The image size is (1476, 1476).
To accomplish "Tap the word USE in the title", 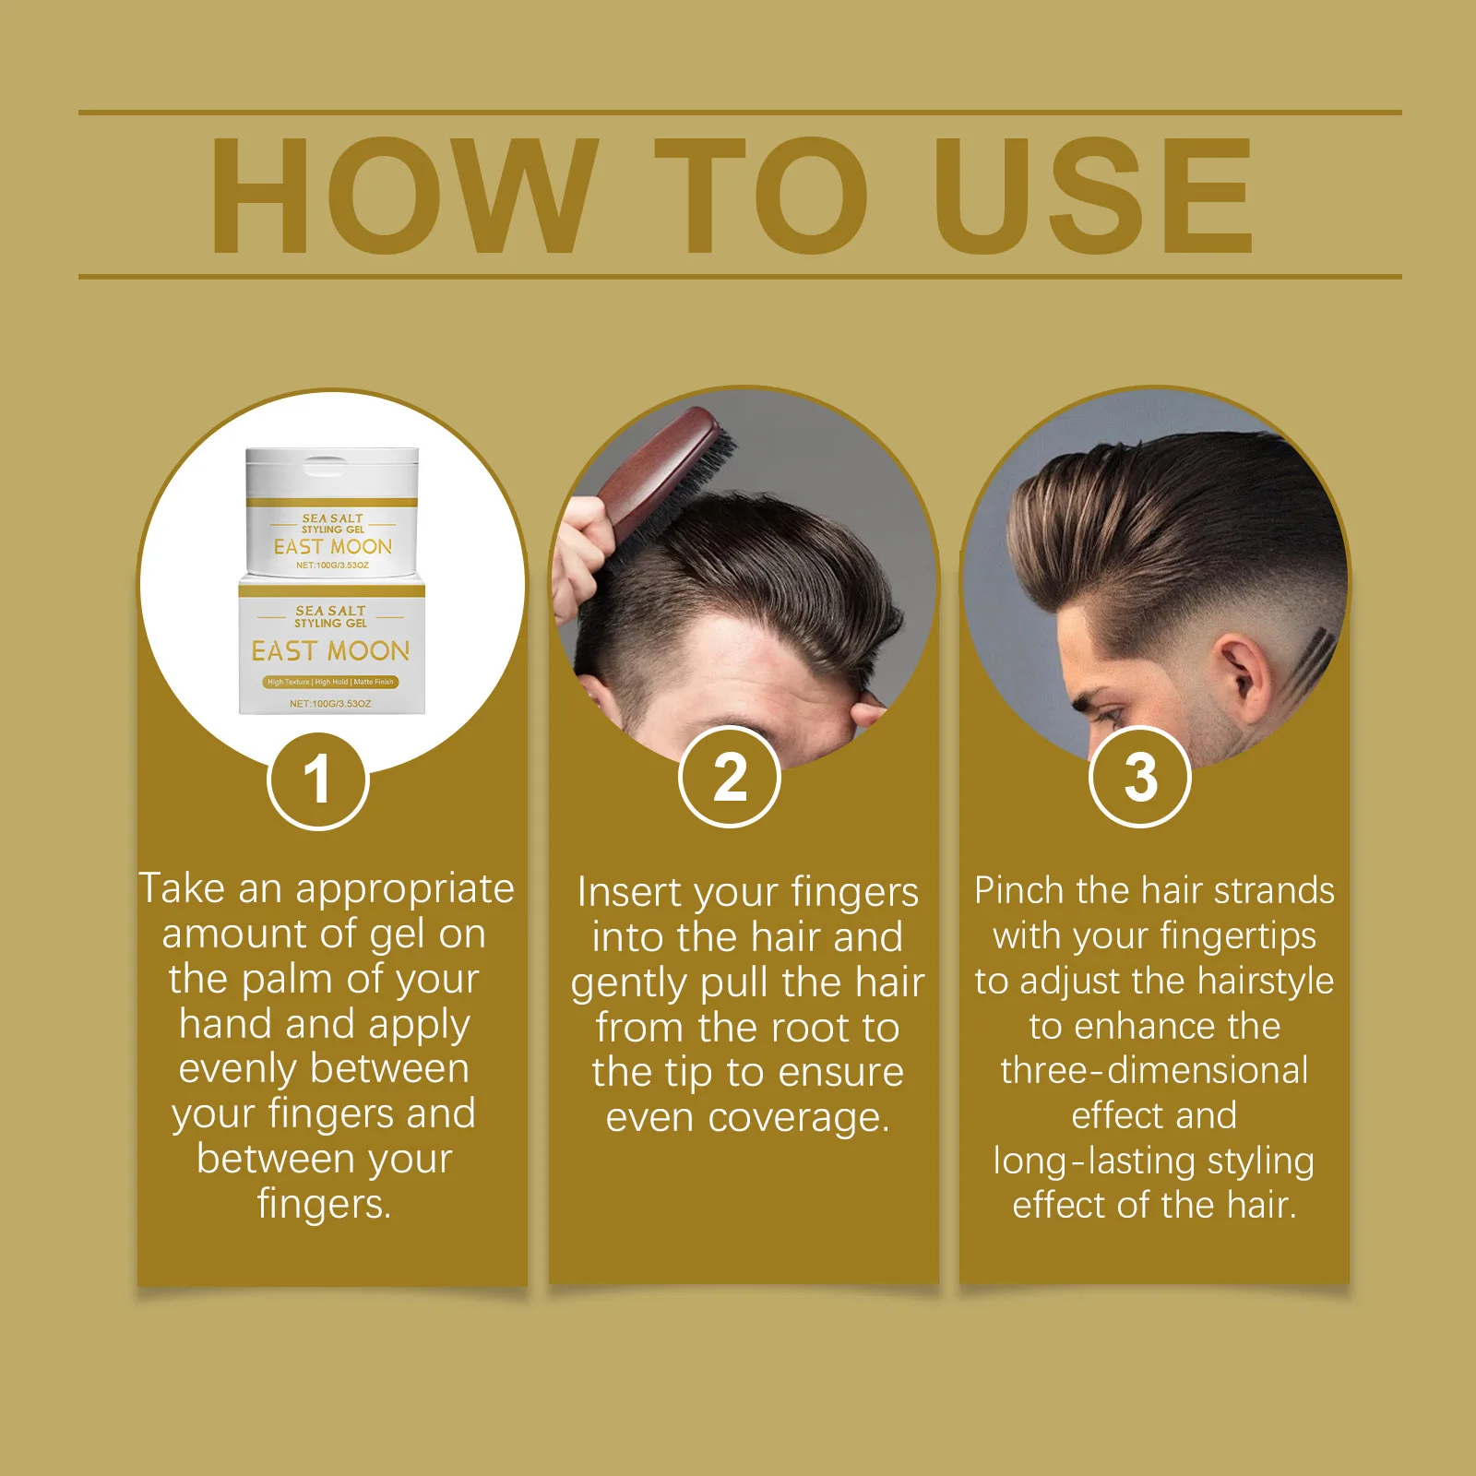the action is tap(1094, 195).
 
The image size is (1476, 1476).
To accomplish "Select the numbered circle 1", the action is tap(318, 780).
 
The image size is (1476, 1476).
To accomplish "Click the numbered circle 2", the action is tap(730, 777).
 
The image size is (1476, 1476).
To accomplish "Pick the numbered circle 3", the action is tap(1140, 777).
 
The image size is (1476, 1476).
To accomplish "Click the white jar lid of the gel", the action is tap(332, 474).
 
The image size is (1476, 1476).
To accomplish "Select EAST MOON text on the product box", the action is tap(330, 651).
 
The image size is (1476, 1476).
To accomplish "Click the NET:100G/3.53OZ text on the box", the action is tap(330, 704).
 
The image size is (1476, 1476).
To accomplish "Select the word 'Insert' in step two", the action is tap(629, 892).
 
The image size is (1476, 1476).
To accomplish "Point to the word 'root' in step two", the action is tap(809, 1028).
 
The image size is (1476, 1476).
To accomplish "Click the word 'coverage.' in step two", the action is tap(799, 1119).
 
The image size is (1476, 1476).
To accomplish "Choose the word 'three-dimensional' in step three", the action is tap(1154, 1071).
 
